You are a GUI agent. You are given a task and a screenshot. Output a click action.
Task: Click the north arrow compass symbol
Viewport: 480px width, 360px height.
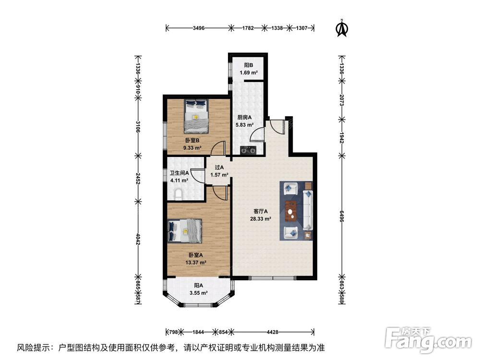click(341, 27)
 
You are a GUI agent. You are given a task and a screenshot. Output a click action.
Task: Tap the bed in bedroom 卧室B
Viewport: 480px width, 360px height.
click(196, 116)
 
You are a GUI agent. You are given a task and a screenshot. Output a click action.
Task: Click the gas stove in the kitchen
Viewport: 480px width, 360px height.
click(249, 151)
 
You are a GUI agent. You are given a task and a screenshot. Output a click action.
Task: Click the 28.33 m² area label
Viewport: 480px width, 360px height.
click(260, 218)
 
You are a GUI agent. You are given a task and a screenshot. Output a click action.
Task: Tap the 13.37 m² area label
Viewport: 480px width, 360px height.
click(196, 263)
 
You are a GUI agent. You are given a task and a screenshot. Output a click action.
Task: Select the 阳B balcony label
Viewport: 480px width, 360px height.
click(248, 65)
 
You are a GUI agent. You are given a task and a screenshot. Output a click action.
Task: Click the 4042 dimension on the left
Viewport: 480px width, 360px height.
click(138, 239)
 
